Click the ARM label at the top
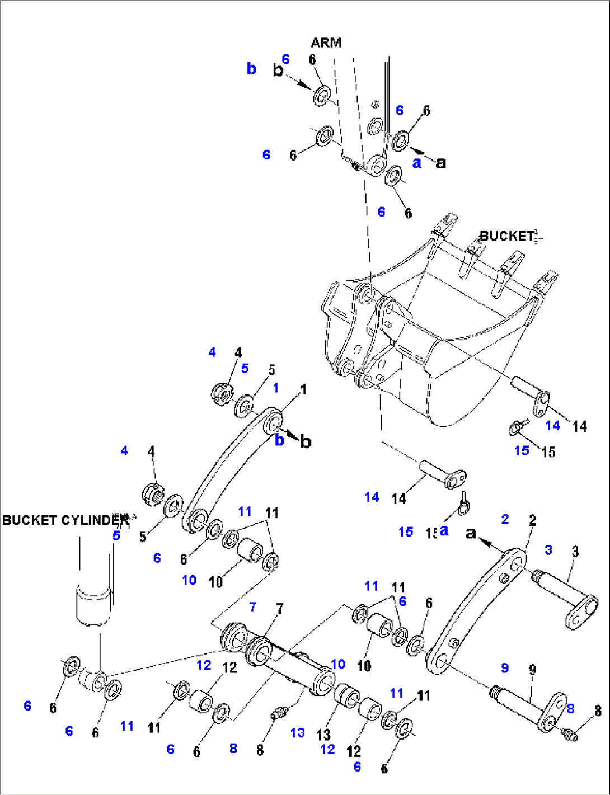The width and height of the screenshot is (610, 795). (x=326, y=43)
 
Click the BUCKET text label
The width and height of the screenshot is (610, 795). (x=506, y=236)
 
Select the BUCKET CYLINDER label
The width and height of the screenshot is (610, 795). (x=64, y=520)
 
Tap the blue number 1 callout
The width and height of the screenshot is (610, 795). (x=276, y=388)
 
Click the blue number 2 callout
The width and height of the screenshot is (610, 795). (x=505, y=519)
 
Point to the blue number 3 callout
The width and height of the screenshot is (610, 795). (x=548, y=550)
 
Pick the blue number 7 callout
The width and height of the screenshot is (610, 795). (x=253, y=607)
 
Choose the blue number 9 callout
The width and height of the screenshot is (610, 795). (x=505, y=667)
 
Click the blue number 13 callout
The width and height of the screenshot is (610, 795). (x=298, y=732)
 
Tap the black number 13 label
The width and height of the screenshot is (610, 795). (x=323, y=735)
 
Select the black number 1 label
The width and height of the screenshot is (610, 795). (x=303, y=389)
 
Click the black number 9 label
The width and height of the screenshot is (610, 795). (x=532, y=669)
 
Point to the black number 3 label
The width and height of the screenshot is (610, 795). (x=575, y=552)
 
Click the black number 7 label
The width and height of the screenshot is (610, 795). (x=279, y=609)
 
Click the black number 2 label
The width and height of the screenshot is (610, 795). (x=532, y=520)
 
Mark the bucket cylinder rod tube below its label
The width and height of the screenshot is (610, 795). (x=94, y=604)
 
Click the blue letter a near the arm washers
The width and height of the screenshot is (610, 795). (x=417, y=163)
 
